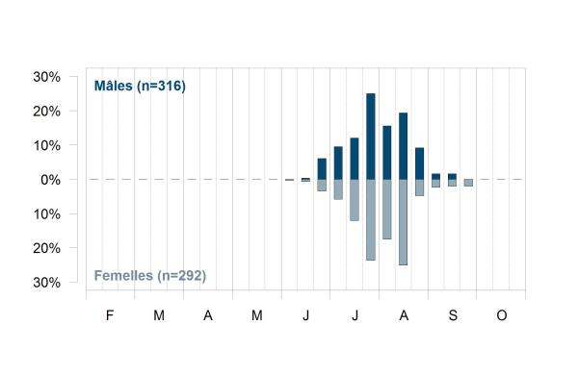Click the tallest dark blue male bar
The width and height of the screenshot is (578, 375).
(x=371, y=137)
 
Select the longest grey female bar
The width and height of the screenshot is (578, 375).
(x=404, y=222)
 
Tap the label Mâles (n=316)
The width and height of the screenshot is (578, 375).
(x=140, y=86)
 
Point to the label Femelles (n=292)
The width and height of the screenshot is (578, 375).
(x=150, y=276)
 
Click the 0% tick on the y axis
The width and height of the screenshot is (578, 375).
(x=50, y=180)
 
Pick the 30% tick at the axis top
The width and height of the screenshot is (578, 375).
(x=47, y=77)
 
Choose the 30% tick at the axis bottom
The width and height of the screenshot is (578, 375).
(x=47, y=283)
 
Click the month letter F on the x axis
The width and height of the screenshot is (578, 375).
(x=110, y=315)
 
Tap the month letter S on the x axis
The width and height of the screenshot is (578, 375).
(x=453, y=315)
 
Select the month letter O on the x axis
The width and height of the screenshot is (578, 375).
(x=502, y=315)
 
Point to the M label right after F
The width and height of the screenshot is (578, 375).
(x=159, y=315)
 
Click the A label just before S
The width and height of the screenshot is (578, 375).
(x=404, y=315)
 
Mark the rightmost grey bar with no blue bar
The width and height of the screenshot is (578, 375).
(x=468, y=183)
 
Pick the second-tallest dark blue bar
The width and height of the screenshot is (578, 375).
(x=404, y=146)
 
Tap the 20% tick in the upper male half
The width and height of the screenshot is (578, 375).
(x=47, y=112)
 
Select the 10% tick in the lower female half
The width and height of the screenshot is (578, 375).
(x=47, y=214)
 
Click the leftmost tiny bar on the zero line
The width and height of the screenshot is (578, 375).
(x=289, y=180)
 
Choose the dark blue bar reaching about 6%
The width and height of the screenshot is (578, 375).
(x=322, y=169)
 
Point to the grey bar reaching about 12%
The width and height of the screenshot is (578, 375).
(x=355, y=200)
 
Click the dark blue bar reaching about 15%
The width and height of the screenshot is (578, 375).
(x=386, y=153)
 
